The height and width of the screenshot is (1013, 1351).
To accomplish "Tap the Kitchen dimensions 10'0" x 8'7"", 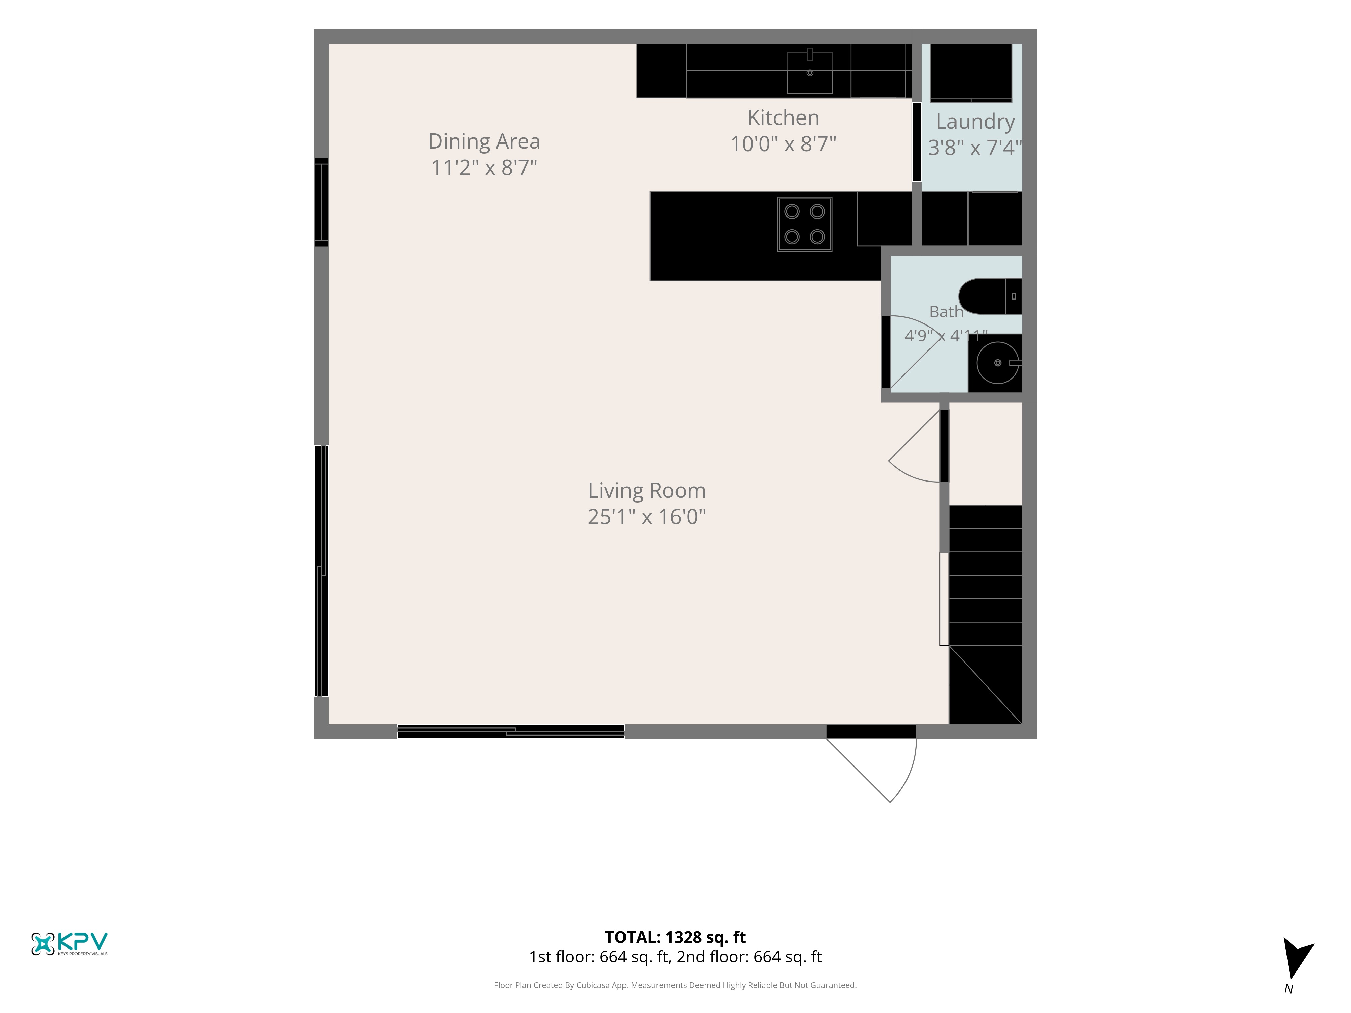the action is pos(783,144).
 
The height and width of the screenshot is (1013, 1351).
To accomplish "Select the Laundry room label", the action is pos(975,122).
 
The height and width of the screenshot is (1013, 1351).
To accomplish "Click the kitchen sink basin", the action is pos(809,72).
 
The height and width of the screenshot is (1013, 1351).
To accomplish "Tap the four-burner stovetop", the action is pos(805,224).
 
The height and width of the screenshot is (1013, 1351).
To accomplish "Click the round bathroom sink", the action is pos(997,363).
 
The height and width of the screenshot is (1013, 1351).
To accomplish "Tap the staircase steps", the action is pos(985,614).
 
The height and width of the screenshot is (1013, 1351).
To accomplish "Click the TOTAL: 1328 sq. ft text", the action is pos(675,937).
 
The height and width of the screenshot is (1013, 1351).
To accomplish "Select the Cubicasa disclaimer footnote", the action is pos(675,985).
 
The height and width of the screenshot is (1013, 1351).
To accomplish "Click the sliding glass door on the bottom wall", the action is pos(511,731).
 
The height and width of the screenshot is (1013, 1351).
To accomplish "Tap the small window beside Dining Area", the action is pos(321,202).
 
